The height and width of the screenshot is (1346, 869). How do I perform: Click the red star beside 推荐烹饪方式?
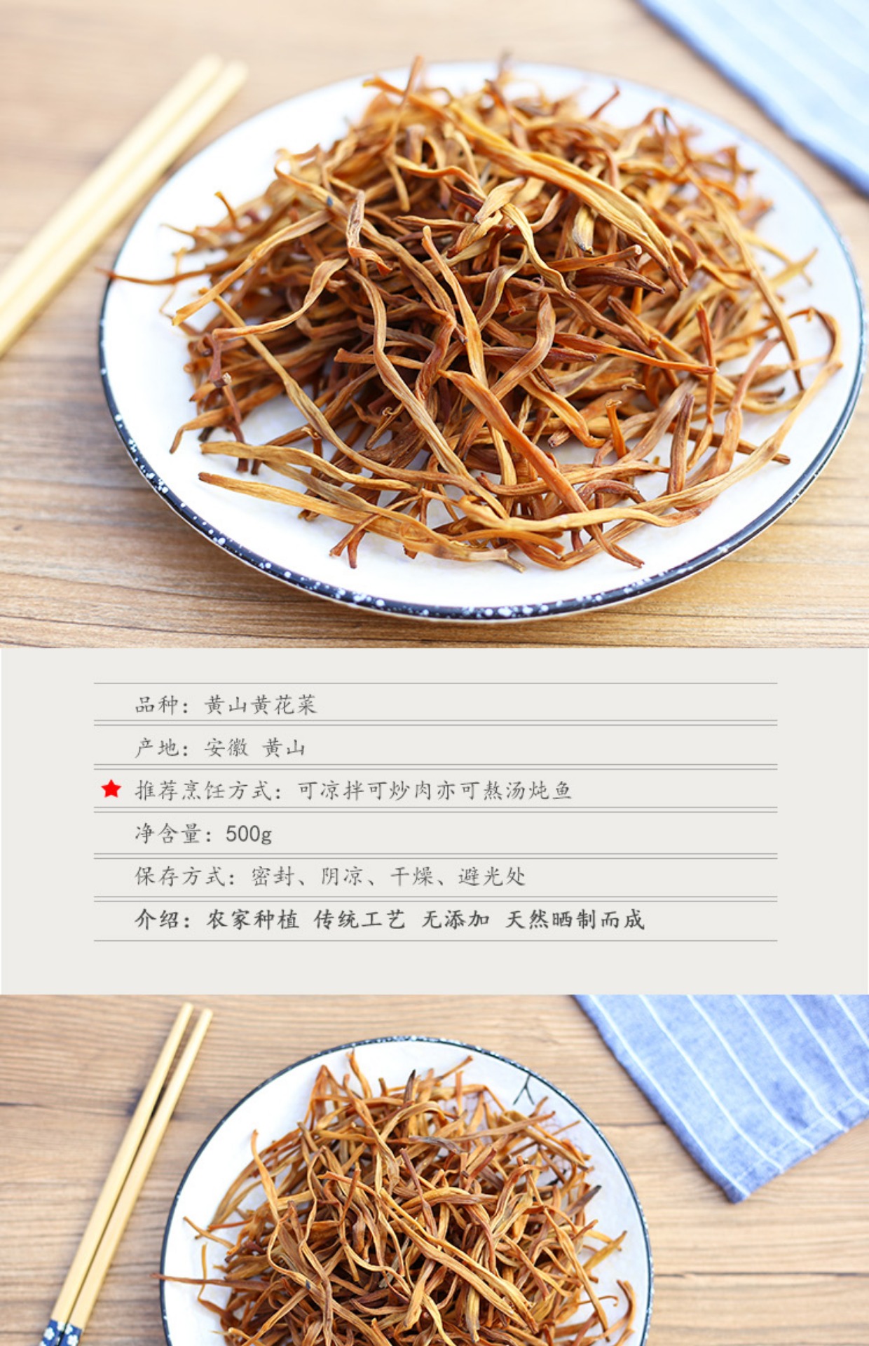click(x=111, y=789)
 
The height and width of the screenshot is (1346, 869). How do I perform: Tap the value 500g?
click(x=249, y=834)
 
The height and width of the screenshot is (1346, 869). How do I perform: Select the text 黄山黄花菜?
click(x=261, y=705)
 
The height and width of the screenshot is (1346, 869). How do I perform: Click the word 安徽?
click(x=226, y=748)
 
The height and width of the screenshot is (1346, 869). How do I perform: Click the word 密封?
click(x=272, y=876)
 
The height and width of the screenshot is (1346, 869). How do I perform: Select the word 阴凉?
click(x=342, y=876)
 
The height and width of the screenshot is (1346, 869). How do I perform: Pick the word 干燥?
click(x=412, y=876)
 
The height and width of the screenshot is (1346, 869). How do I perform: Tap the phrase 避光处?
click(x=492, y=876)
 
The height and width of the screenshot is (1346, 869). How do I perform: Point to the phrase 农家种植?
click(x=252, y=919)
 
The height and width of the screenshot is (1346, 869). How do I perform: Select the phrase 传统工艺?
click(x=360, y=919)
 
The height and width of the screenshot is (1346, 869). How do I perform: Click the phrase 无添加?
click(x=456, y=919)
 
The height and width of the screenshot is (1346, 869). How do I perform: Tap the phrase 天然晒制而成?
click(x=575, y=919)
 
